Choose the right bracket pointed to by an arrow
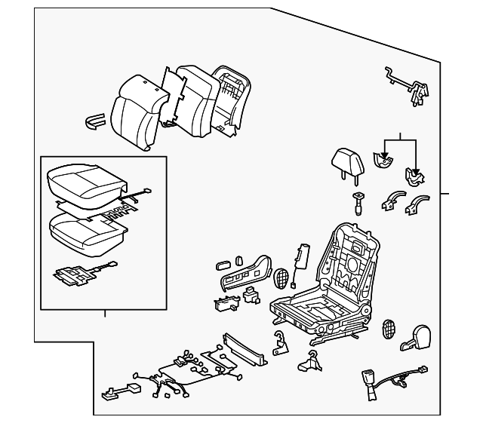click(415, 178)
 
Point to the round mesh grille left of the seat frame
click(281, 277)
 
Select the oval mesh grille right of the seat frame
click(389, 330)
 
